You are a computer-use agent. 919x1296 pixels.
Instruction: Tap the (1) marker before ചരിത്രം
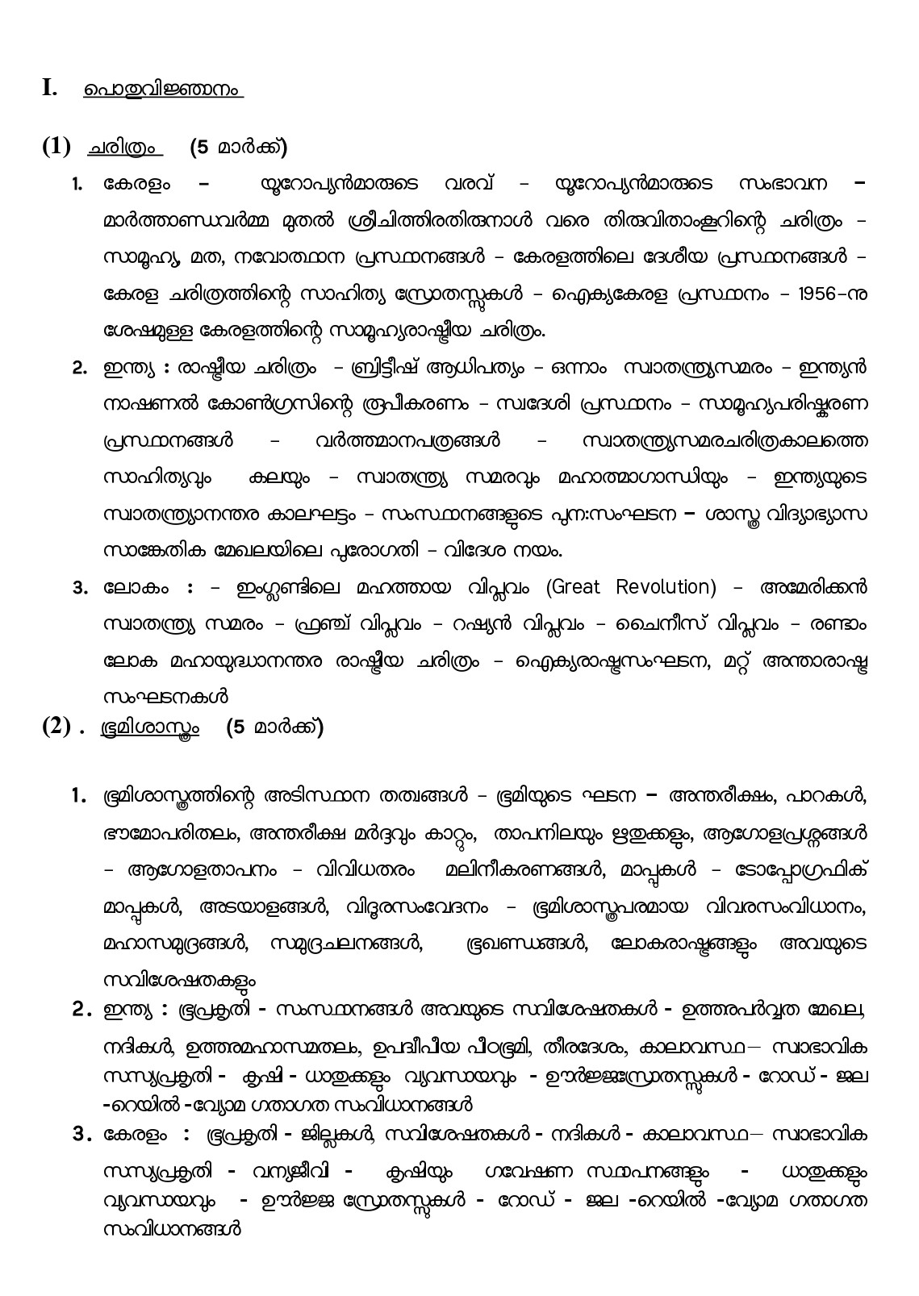click(56, 147)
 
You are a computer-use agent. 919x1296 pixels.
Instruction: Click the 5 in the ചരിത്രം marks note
click(203, 148)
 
